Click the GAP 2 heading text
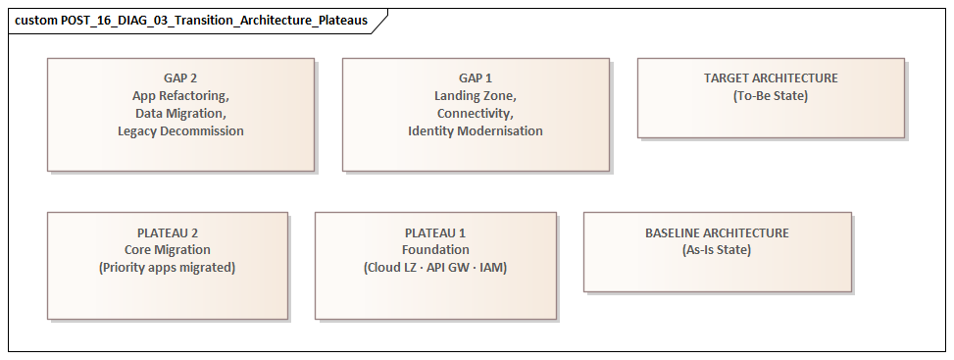(180, 78)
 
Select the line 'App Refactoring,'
(180, 96)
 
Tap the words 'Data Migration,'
(180, 114)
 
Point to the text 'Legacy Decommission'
(180, 131)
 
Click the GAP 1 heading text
(476, 78)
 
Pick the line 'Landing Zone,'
(476, 96)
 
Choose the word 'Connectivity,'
(476, 114)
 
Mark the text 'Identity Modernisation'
(476, 131)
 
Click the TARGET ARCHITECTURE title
(771, 78)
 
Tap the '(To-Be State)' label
(771, 96)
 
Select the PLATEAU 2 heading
(168, 232)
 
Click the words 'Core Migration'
(168, 250)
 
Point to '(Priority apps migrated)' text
(168, 268)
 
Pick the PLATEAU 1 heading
(435, 232)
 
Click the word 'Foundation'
(435, 250)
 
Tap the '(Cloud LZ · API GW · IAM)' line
(435, 268)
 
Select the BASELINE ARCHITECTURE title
(717, 232)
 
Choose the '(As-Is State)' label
(717, 250)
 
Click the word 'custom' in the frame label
(35, 20)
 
